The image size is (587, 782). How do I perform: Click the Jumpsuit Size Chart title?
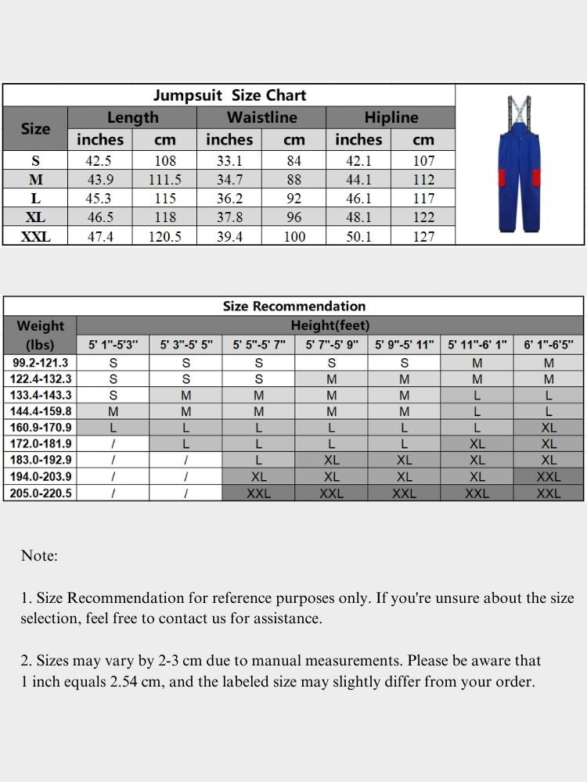[229, 95]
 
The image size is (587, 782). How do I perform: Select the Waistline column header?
[261, 117]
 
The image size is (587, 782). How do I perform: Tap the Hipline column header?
[391, 117]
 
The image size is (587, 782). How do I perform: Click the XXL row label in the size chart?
[35, 235]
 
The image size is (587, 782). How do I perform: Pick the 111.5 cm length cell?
[164, 179]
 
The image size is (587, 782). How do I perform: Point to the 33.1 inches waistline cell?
[229, 161]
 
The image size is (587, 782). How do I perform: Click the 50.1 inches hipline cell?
[358, 235]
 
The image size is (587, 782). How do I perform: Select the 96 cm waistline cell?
[293, 217]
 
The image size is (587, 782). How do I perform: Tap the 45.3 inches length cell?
[100, 198]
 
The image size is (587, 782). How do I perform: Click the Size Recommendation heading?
[293, 306]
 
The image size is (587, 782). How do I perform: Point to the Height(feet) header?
[330, 325]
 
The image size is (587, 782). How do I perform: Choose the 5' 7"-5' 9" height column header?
[331, 344]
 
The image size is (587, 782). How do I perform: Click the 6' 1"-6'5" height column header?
[549, 344]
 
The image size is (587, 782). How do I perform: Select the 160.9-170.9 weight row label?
[41, 428]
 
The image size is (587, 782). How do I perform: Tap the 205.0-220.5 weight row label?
[41, 493]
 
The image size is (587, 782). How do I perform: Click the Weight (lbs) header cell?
[41, 335]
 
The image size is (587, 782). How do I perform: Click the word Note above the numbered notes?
[39, 556]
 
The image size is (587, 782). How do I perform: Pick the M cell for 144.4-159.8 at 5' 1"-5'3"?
[113, 411]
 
